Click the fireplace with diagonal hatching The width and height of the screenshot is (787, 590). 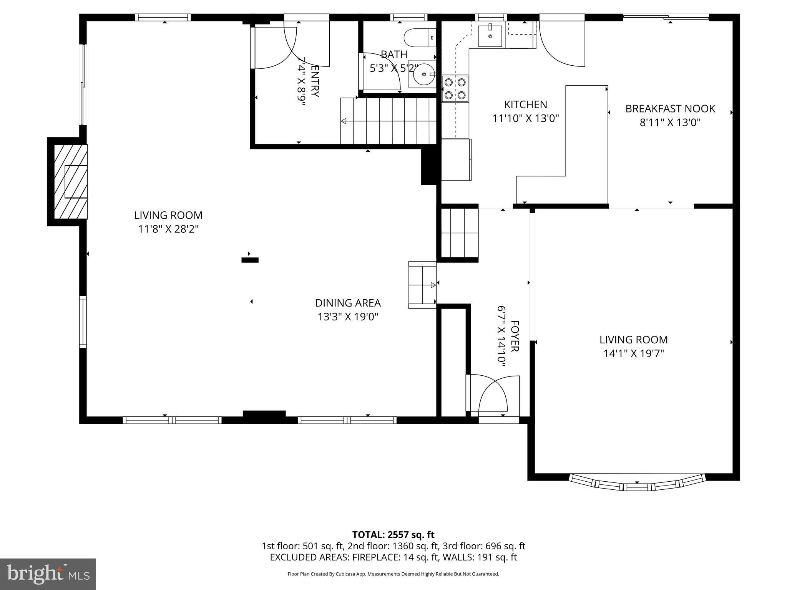(x=70, y=182)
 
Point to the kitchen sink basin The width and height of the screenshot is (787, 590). (x=490, y=35)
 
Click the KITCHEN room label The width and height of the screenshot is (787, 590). (x=525, y=104)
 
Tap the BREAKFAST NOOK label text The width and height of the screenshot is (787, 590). (x=670, y=109)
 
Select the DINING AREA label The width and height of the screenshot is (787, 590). (x=348, y=303)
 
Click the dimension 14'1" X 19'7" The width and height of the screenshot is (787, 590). (x=634, y=353)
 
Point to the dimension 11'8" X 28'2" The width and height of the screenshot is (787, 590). (x=168, y=229)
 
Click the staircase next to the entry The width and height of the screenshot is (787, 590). (x=388, y=121)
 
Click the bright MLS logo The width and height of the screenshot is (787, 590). (x=48, y=574)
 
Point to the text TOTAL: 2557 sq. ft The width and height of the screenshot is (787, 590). (x=393, y=535)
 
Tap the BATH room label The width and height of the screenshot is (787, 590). (x=394, y=55)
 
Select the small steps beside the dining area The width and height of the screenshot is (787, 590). (x=422, y=285)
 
